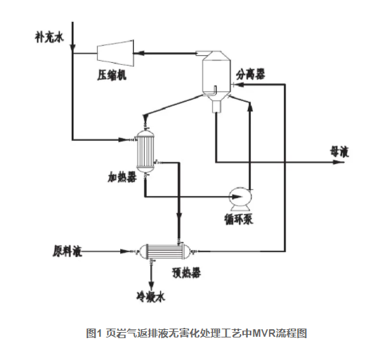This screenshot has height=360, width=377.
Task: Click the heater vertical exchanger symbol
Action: pyautogui.click(x=144, y=148)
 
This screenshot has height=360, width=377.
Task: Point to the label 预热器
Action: pyautogui.click(x=185, y=273)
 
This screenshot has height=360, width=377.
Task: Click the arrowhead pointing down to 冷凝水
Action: pyautogui.click(x=151, y=286)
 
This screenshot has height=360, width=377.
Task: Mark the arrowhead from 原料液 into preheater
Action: pyautogui.click(x=130, y=251)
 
